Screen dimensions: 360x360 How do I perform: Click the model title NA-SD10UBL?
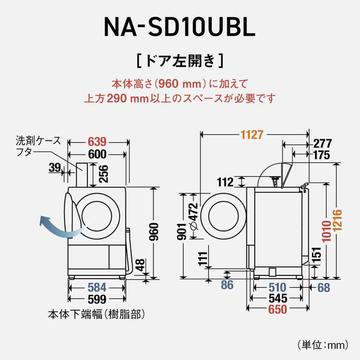pyautogui.click(x=179, y=27)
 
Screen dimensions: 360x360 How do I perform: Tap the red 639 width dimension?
pyautogui.click(x=97, y=142)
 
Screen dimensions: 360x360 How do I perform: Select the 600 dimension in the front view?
pyautogui.click(x=97, y=154)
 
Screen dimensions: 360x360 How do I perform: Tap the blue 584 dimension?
pyautogui.click(x=97, y=287)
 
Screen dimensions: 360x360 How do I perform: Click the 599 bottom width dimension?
pyautogui.click(x=97, y=299)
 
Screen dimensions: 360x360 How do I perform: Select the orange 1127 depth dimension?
pyautogui.click(x=252, y=135)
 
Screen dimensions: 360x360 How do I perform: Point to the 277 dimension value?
pyautogui.click(x=322, y=144)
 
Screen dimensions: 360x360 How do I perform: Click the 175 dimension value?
pyautogui.click(x=322, y=155)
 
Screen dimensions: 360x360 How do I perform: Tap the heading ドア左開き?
pyautogui.click(x=180, y=60)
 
